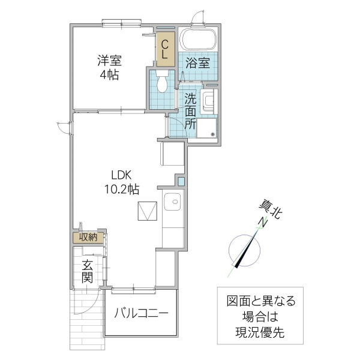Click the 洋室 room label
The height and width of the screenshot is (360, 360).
click(110, 61)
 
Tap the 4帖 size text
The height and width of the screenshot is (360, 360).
click(110, 75)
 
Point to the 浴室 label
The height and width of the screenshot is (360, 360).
click(197, 63)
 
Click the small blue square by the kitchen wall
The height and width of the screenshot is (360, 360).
click(181, 180)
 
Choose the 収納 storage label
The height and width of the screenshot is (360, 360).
click(88, 237)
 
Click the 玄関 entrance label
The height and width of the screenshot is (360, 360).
click(87, 271)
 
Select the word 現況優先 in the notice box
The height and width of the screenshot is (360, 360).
click(260, 331)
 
